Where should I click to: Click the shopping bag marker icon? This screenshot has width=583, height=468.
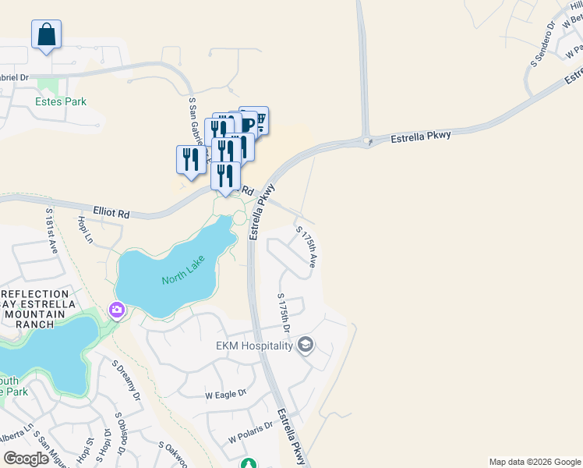click(x=46, y=34)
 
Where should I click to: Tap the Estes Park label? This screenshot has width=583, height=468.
click(x=61, y=101)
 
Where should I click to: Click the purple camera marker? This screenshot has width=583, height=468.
click(x=117, y=310)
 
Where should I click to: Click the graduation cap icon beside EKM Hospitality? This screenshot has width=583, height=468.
click(x=306, y=345)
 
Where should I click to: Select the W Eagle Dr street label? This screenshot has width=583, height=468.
click(x=225, y=395)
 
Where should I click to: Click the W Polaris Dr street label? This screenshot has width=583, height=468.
click(x=250, y=432)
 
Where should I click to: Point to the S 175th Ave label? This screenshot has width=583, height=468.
click(x=306, y=247)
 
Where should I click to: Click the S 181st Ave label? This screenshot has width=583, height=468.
click(x=51, y=231)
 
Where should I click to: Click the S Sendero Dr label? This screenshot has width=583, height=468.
click(x=541, y=44)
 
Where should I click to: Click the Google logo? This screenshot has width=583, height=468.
click(x=26, y=459)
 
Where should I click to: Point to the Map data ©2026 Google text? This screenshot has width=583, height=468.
click(x=534, y=462)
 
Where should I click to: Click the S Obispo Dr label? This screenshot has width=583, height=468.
click(x=122, y=433)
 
